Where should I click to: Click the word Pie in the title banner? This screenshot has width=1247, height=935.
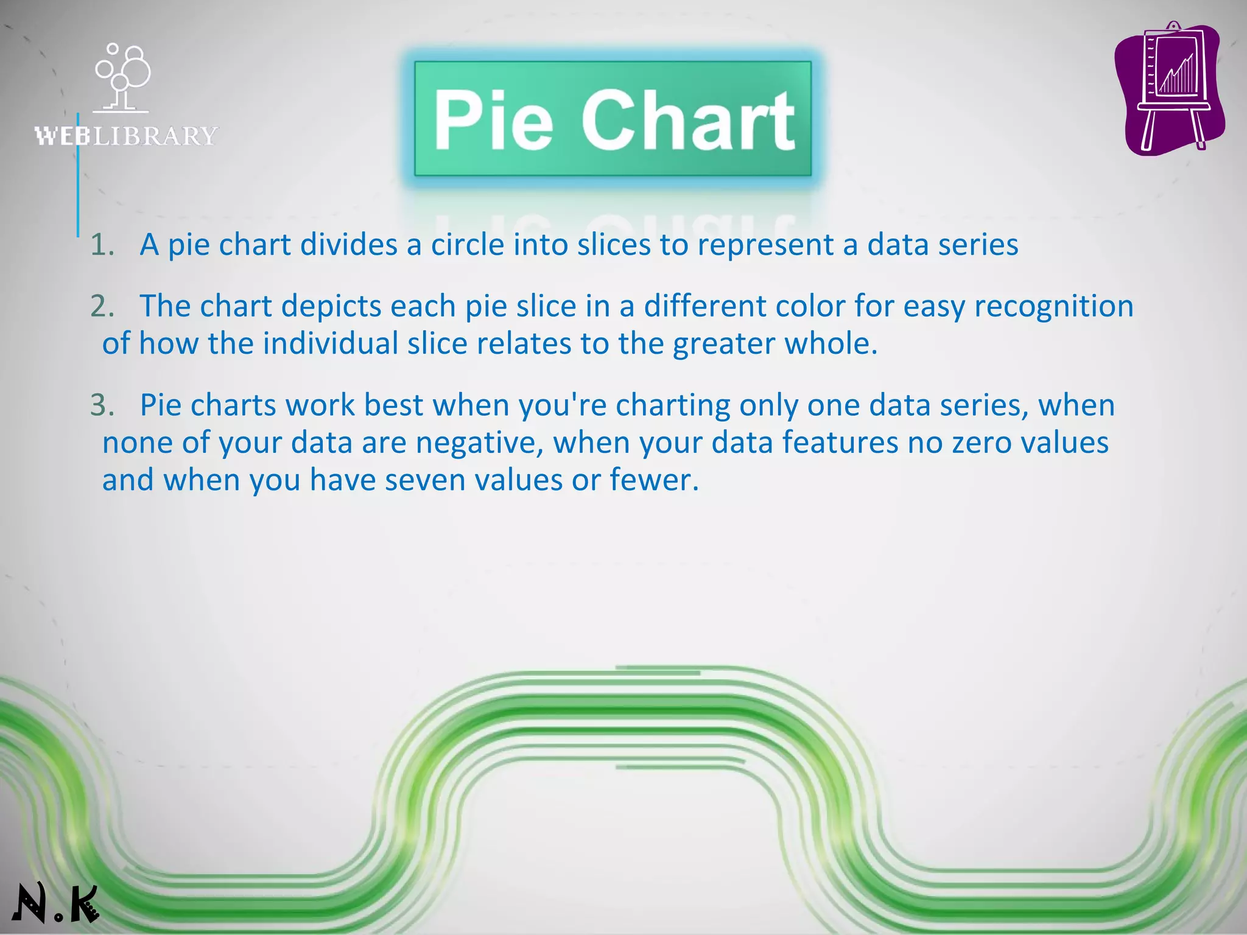[x=493, y=119]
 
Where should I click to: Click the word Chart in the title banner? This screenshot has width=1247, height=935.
[x=688, y=119]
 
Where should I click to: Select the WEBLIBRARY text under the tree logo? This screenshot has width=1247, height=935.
[x=126, y=136]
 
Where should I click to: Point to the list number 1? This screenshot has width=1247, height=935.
[x=102, y=245]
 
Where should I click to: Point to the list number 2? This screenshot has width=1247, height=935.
[x=102, y=306]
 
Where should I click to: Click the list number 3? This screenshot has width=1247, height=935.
[x=102, y=405]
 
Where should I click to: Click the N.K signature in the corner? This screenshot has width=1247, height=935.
[x=55, y=903]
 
